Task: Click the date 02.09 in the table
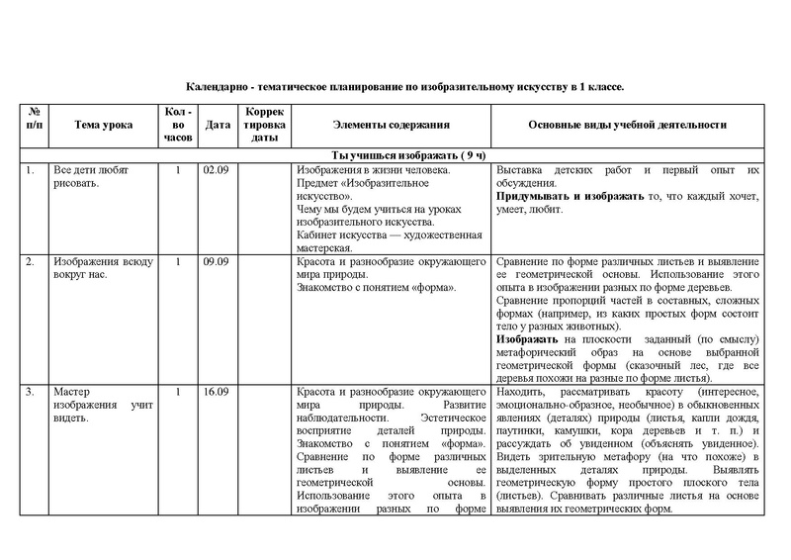pos(215,170)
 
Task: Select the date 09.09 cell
pos(215,261)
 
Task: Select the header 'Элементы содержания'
pos(391,126)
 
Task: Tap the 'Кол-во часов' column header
pos(178,126)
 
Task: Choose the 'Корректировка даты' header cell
pos(264,126)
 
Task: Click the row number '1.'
pos(31,170)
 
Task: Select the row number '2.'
pos(31,261)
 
